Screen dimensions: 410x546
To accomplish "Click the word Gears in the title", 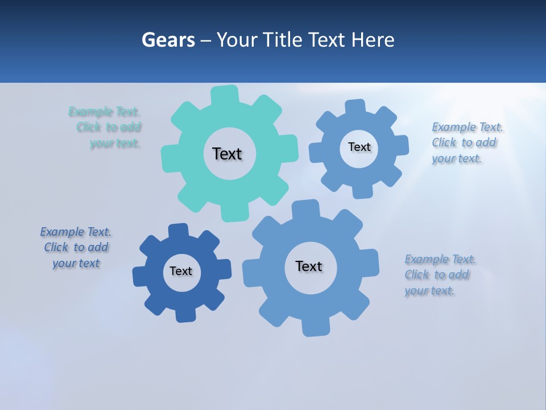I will pos(168,40).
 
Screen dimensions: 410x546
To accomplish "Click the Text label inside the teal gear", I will pos(227,154).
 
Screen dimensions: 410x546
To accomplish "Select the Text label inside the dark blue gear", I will pos(181,271).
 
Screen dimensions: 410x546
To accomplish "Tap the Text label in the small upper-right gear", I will pos(359,147).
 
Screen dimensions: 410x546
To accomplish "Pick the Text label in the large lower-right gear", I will pos(309,266).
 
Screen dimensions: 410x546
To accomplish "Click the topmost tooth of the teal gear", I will pos(225,95).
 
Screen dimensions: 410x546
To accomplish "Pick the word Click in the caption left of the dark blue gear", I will pos(56,247).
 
